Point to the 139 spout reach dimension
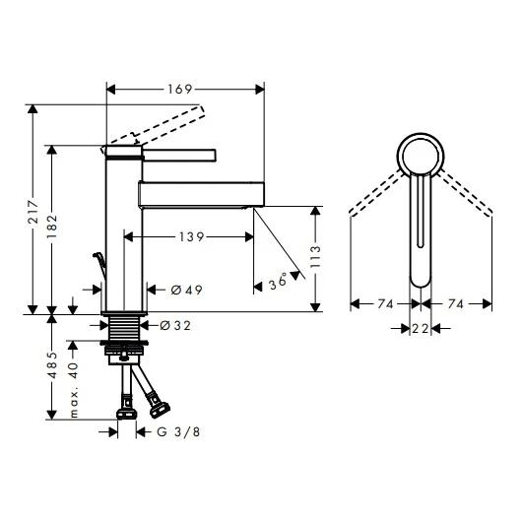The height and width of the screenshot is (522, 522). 192,237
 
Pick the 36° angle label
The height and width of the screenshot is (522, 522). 279,283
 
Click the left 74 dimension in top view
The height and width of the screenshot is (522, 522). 385,305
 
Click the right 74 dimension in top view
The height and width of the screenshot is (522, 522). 455,305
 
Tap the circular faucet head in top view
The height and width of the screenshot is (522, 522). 421,157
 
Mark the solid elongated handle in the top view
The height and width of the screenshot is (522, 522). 421,236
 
